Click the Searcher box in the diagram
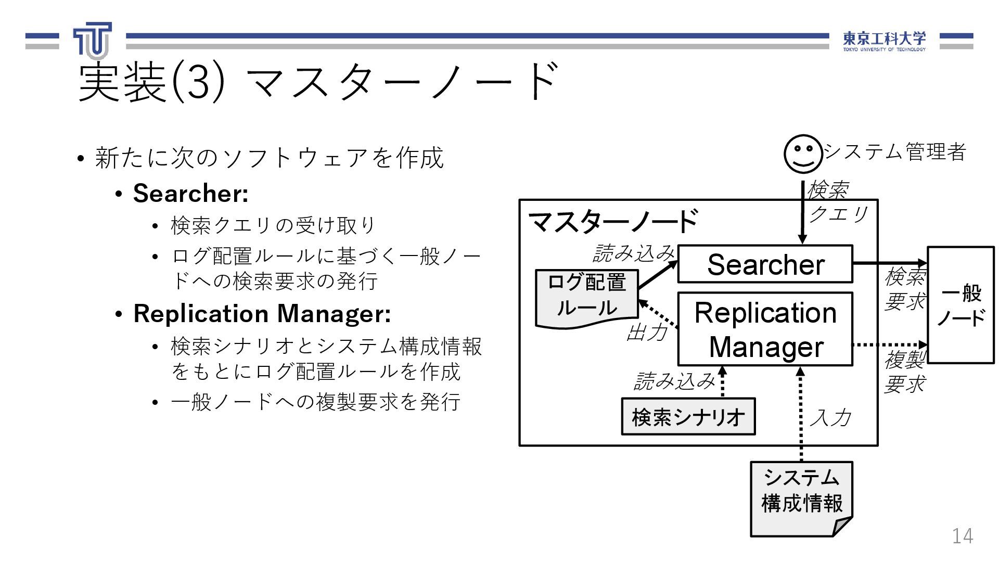[x=765, y=264]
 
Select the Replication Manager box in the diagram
[x=765, y=329]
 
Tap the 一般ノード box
[x=960, y=305]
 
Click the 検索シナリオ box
[x=688, y=417]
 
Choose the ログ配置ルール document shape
[x=586, y=297]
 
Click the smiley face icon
[x=803, y=154]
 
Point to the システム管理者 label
[x=895, y=152]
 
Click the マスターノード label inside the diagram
[x=613, y=222]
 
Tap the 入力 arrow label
[x=830, y=417]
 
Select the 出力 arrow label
[x=647, y=331]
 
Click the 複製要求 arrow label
[x=905, y=372]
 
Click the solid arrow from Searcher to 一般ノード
[x=889, y=263]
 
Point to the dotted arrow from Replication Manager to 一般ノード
[x=889, y=344]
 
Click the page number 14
[x=962, y=536]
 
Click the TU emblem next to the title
[x=93, y=41]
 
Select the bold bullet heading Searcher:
[x=190, y=193]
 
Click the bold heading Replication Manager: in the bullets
[x=262, y=313]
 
